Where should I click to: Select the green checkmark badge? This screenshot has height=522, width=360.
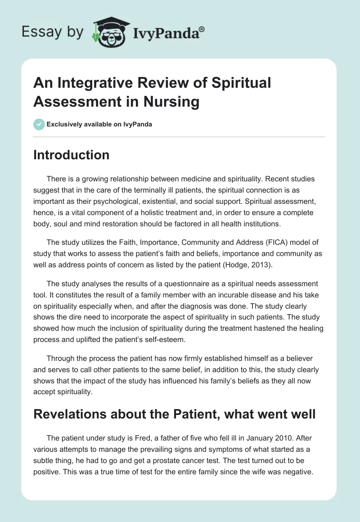39,124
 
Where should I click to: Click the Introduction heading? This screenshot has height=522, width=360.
72,155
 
